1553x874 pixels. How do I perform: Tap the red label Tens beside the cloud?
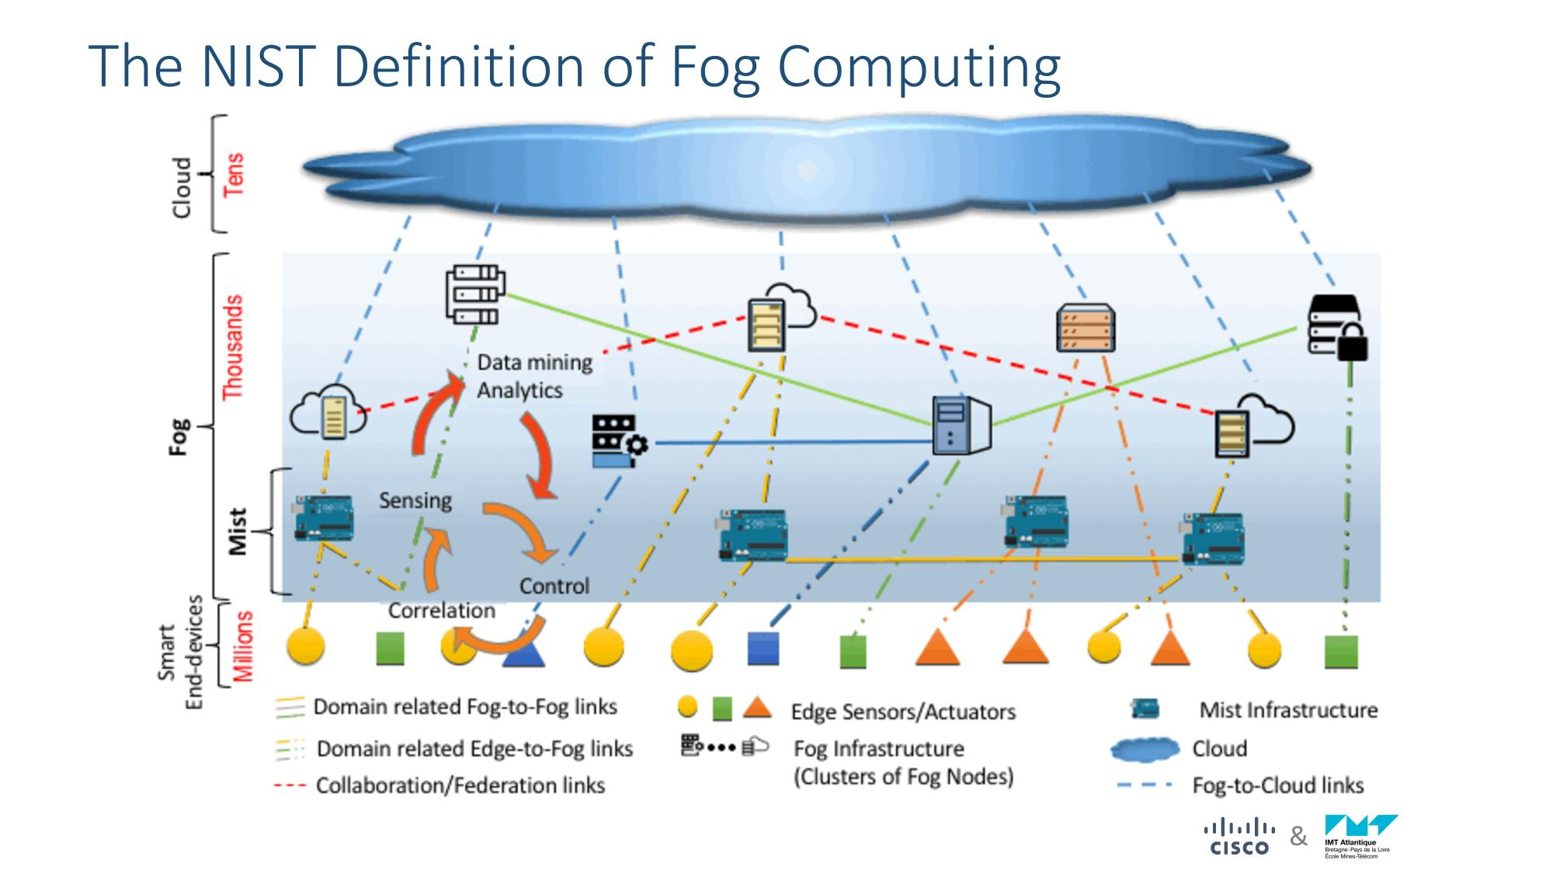click(233, 174)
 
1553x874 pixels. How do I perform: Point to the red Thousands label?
click(233, 347)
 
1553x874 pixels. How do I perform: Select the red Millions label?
click(243, 646)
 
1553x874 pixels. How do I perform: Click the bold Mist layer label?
click(238, 531)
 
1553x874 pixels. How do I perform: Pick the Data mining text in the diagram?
click(534, 362)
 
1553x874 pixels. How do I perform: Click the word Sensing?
click(415, 500)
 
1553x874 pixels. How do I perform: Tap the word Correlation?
click(441, 611)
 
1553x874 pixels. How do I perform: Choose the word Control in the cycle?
click(554, 586)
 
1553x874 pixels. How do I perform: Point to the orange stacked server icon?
click(1086, 328)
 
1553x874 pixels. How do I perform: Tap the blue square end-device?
click(763, 648)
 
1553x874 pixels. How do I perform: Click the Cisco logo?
click(1239, 837)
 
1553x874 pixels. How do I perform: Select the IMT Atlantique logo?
click(1360, 836)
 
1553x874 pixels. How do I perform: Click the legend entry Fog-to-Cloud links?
click(1277, 785)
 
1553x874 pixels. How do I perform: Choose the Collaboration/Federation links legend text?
click(460, 785)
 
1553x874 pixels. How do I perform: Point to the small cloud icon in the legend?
click(1145, 749)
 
